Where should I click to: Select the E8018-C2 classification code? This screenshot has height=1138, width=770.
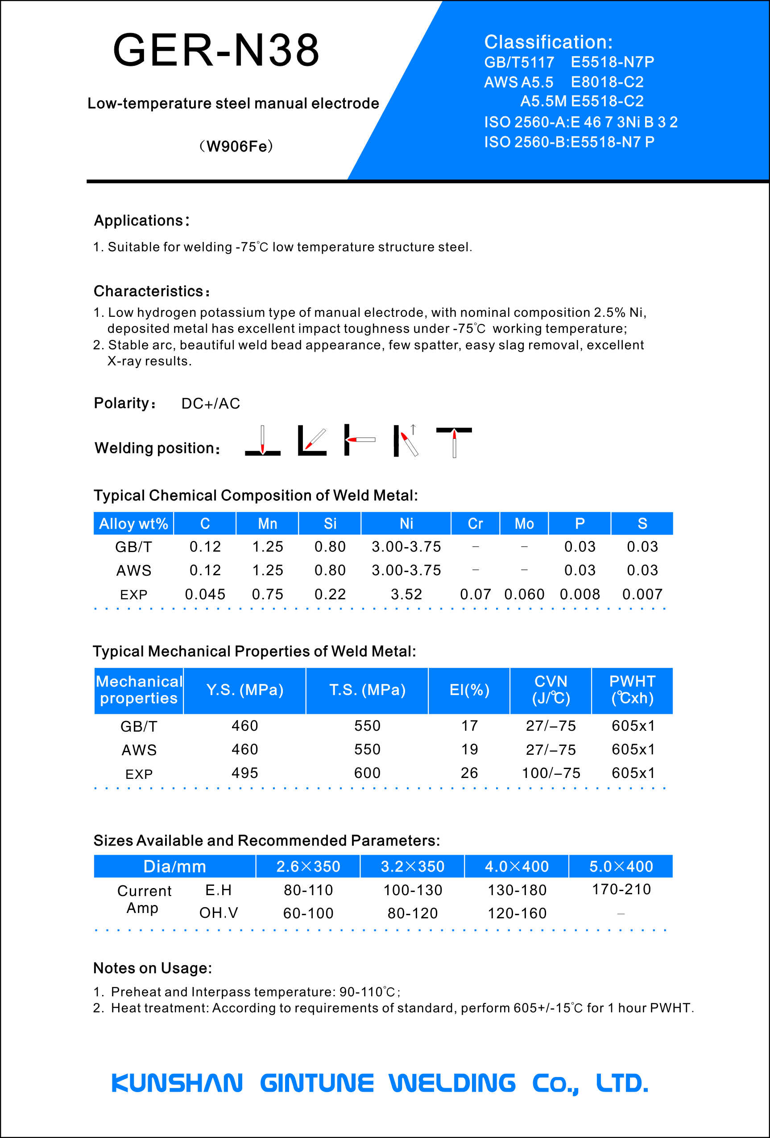click(607, 82)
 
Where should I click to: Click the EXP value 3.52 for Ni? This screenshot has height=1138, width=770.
click(406, 594)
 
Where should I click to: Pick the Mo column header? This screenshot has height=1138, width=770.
click(524, 524)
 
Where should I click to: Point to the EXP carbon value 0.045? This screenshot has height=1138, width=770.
click(205, 594)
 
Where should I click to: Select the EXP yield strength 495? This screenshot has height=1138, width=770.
click(244, 773)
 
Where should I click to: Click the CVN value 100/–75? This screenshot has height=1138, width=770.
click(551, 773)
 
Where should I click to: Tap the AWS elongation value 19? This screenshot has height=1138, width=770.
click(469, 749)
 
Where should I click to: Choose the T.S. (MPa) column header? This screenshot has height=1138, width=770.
click(367, 690)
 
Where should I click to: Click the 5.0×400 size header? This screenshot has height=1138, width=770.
click(621, 866)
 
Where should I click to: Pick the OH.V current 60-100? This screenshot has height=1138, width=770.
click(308, 913)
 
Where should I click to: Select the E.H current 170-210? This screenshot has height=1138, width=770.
click(621, 889)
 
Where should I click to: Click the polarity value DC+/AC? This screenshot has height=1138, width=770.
click(211, 404)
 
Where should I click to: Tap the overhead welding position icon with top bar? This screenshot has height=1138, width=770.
click(454, 441)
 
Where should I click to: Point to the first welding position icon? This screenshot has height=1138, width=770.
click(263, 440)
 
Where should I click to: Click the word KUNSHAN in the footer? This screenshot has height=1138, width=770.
click(177, 1083)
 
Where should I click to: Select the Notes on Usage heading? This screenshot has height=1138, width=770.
click(153, 968)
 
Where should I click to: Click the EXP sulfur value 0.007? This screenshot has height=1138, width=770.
click(642, 594)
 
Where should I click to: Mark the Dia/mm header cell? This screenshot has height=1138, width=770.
click(174, 866)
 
